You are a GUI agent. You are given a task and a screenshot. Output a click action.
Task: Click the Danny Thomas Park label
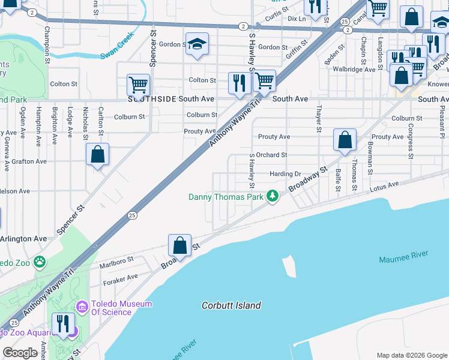227,197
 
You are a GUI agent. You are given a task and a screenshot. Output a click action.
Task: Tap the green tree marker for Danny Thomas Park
273,196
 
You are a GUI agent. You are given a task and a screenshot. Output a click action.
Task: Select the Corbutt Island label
231,305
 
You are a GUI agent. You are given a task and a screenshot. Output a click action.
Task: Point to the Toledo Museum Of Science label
121,308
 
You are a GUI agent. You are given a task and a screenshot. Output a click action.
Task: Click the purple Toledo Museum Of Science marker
82,308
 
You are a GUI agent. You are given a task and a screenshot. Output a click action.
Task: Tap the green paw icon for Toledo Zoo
40,262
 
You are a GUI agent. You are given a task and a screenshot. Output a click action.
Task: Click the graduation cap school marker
196,44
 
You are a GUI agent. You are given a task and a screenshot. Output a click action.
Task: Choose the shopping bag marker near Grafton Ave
97,155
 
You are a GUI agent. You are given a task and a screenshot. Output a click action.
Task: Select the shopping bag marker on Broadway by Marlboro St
179,245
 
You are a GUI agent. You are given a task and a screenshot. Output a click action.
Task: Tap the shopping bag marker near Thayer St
345,141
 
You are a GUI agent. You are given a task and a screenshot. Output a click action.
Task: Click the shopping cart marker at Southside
138,86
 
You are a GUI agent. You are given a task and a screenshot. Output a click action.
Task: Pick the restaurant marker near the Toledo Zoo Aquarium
62,324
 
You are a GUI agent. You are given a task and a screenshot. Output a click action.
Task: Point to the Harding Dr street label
285,174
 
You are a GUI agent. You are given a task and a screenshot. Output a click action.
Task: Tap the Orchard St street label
272,155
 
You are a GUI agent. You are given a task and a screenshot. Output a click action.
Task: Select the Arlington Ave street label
24,238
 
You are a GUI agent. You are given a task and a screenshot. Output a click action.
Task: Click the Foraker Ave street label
121,277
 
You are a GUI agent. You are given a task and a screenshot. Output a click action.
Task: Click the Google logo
20,353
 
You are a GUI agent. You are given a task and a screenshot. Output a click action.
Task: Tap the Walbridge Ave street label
354,70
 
